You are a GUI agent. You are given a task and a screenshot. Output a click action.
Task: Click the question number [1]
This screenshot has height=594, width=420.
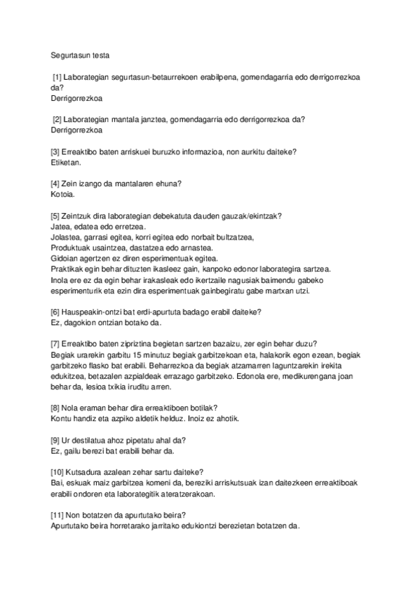(x=58, y=76)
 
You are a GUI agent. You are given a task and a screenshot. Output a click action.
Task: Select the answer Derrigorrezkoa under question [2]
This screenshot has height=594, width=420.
(x=77, y=130)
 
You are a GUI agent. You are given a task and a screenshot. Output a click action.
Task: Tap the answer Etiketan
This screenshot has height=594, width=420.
(x=67, y=162)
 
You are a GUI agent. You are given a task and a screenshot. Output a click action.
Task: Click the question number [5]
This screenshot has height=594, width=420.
(x=57, y=216)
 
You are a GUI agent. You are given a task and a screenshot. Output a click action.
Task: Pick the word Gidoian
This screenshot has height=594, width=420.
(x=65, y=258)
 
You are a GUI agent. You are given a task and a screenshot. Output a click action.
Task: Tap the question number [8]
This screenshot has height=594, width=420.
(x=57, y=408)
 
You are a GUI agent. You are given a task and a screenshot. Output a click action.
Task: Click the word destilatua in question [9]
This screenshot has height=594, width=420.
(x=93, y=440)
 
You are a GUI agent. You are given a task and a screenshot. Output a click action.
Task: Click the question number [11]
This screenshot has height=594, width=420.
(x=59, y=515)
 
